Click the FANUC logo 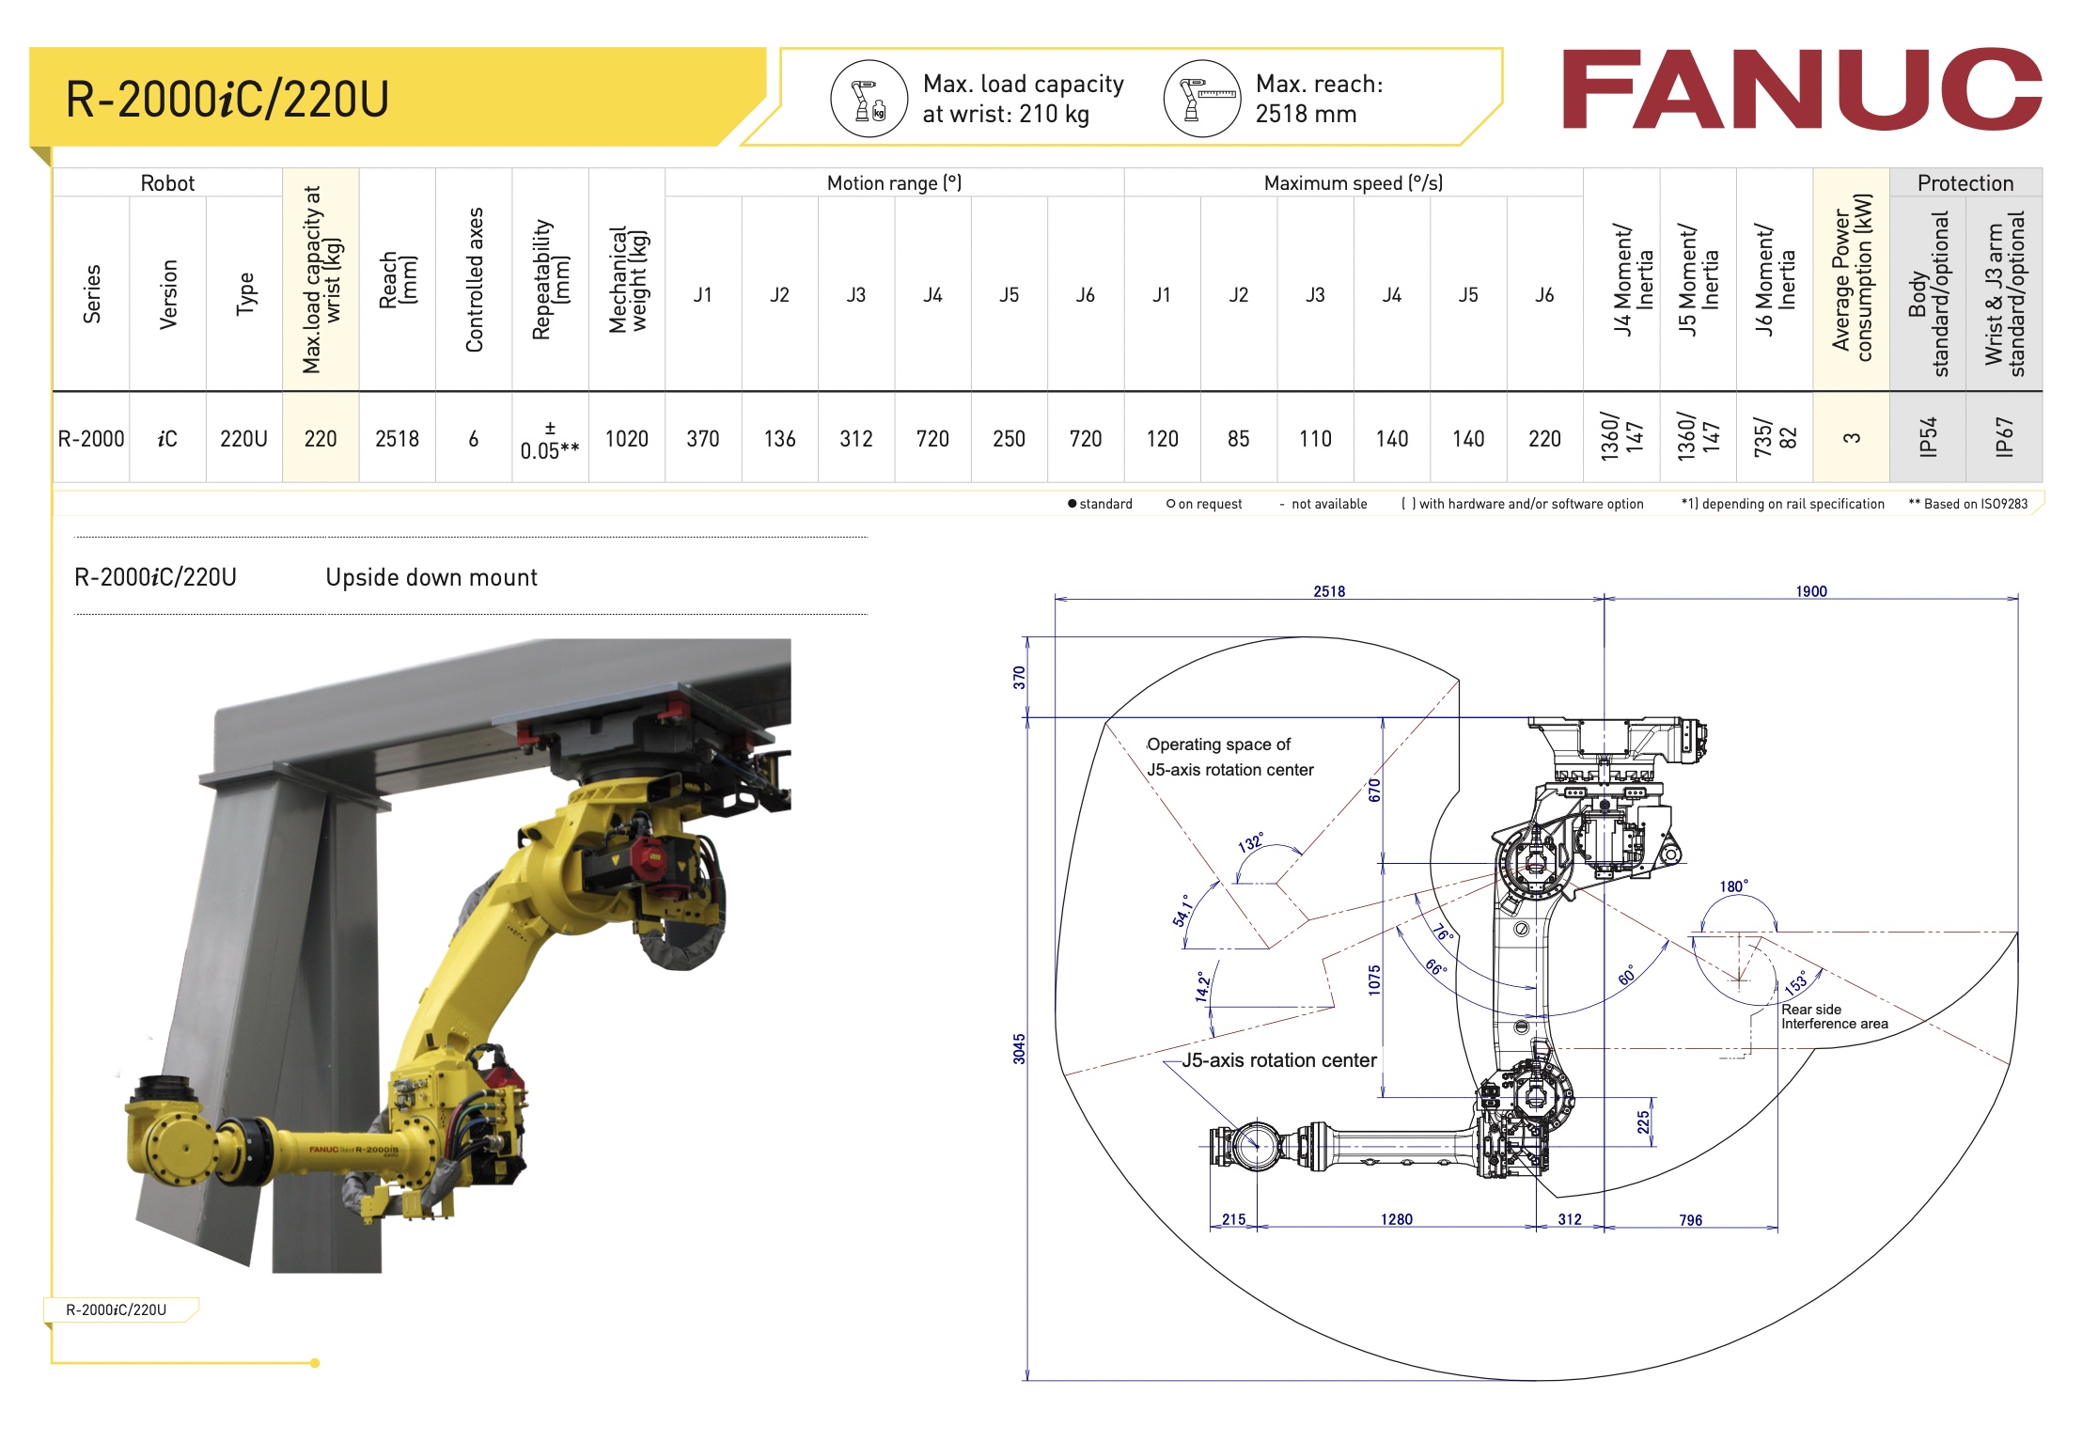[1800, 89]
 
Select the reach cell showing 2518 [397, 439]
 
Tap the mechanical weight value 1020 [626, 439]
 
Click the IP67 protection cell [2003, 437]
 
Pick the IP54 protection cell [1927, 437]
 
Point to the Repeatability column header [550, 280]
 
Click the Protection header [1965, 183]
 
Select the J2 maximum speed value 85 [1238, 439]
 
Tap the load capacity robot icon [869, 100]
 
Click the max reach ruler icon [1202, 100]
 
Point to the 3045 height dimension [1019, 1048]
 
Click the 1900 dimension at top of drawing [1810, 591]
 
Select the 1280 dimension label [1396, 1219]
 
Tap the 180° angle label [1733, 886]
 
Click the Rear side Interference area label [1834, 1016]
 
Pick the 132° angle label [1251, 841]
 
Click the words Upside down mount [431, 577]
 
